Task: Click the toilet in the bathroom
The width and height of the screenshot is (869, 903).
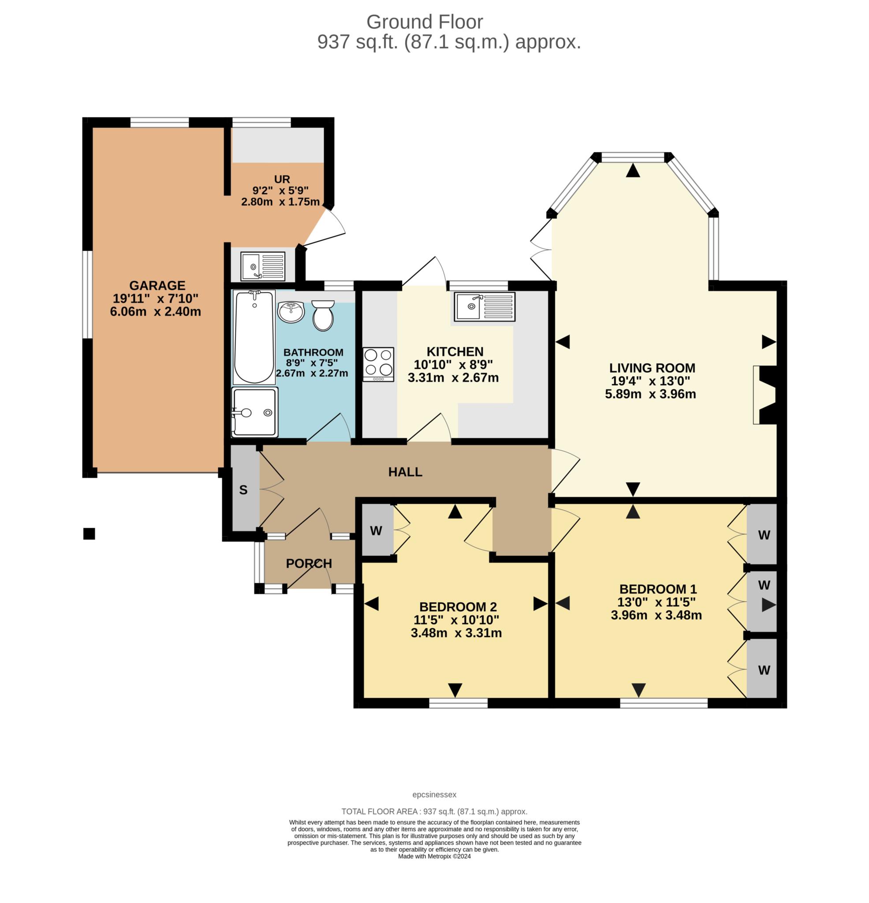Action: pos(323,316)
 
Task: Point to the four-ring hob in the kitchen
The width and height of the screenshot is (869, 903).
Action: pos(378,364)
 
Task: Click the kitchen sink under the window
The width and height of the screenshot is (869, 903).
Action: pos(484,306)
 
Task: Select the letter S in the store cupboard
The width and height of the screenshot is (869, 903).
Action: pos(243,490)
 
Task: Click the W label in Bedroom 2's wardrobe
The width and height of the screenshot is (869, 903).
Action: pos(376,531)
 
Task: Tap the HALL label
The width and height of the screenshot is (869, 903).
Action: pos(405,472)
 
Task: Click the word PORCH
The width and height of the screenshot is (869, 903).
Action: pos(309,563)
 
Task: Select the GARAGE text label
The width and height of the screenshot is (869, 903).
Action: pos(157,285)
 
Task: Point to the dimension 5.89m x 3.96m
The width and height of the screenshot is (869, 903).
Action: pos(650,394)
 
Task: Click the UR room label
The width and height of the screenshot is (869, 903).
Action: pos(282,179)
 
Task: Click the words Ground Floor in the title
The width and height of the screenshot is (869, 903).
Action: pos(425,22)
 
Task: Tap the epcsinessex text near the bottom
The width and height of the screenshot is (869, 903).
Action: pos(434,794)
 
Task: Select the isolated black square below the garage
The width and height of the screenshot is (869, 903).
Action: pos(89,534)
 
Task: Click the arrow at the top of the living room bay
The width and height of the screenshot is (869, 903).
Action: pos(633,171)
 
